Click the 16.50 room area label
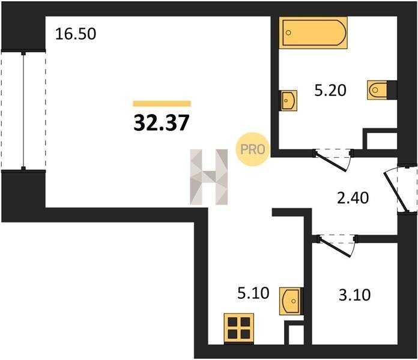tap(76, 34)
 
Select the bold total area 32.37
tap(162, 122)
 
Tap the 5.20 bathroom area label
tap(330, 90)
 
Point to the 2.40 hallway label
tap(353, 198)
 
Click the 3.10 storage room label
tap(354, 295)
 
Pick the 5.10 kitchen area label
tap(253, 293)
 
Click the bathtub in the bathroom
tap(313, 33)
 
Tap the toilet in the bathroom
tap(377, 90)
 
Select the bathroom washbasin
tap(288, 100)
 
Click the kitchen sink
tap(290, 301)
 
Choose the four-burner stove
tap(239, 329)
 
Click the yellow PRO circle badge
tap(252, 149)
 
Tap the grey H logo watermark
tap(209, 177)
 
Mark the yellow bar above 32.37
tap(162, 104)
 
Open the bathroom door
tap(333, 160)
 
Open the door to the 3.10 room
tap(336, 245)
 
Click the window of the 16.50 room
tap(23, 110)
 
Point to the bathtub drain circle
tap(288, 33)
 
